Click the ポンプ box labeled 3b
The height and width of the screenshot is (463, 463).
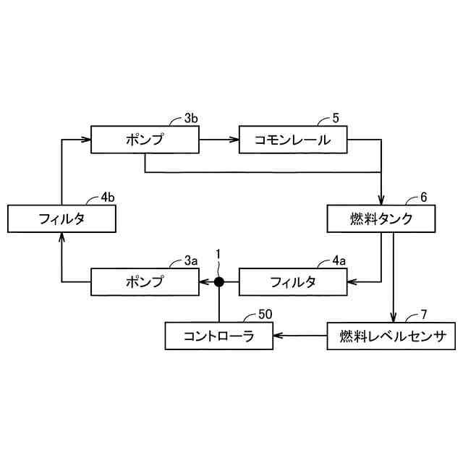tap(145, 140)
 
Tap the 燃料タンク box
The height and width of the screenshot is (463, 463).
tap(381, 219)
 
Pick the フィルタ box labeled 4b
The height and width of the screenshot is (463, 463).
tap(61, 219)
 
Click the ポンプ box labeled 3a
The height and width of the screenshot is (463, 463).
tap(145, 281)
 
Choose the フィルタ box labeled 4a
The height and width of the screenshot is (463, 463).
tap(293, 281)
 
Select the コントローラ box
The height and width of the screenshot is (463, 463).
tap(218, 336)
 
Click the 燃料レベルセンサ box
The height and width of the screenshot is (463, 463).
tap(393, 336)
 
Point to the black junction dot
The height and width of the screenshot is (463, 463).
tap(218, 281)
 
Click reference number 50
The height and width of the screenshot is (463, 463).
tap(266, 315)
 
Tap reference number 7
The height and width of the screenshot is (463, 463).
tap(424, 315)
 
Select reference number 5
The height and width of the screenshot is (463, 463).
tap(335, 117)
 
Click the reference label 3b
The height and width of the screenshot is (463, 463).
tap(190, 117)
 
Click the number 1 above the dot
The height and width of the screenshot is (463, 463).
tap(218, 255)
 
